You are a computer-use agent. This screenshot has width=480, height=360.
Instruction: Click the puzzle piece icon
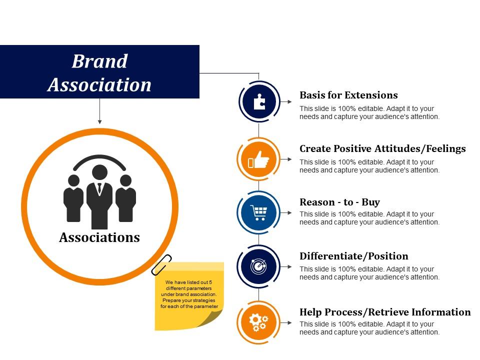tap(258, 101)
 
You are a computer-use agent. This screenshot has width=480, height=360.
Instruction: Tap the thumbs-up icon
tap(258, 159)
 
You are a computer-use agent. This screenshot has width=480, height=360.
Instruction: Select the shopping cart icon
tap(258, 212)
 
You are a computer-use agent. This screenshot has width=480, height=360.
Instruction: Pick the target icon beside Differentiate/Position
tap(258, 267)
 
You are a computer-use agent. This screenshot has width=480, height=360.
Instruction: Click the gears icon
tap(258, 322)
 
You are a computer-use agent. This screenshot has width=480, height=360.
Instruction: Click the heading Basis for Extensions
tap(348, 95)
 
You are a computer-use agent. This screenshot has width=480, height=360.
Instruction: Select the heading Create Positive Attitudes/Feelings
tap(382, 148)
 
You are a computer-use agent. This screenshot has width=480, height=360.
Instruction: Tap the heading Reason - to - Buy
tap(339, 202)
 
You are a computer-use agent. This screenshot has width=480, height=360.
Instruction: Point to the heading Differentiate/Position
tap(353, 256)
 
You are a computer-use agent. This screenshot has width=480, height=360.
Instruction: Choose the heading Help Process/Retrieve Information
tap(385, 312)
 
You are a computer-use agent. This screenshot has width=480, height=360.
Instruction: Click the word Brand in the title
tap(99, 61)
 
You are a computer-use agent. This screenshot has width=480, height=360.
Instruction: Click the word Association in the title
tap(99, 84)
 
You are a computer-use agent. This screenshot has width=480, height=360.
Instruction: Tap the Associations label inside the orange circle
tap(99, 237)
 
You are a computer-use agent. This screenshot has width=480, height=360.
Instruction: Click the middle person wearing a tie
tap(99, 195)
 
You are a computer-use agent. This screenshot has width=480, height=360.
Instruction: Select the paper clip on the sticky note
tap(161, 264)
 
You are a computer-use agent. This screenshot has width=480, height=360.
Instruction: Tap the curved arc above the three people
tap(99, 158)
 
